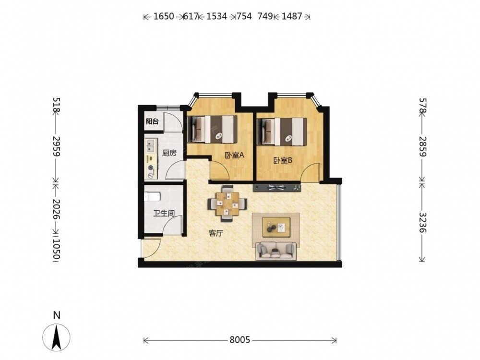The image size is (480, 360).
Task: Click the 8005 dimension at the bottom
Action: (240, 340)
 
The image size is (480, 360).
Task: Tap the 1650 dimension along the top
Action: (164, 16)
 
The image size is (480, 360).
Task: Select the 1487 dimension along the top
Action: (292, 16)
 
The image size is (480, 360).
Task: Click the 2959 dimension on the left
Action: (57, 146)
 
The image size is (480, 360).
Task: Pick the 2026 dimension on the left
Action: (57, 209)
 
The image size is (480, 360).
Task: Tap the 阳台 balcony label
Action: (152, 121)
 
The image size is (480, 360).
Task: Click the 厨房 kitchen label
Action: (169, 153)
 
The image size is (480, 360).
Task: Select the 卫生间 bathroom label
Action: (164, 214)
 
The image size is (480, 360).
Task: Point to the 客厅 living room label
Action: (216, 234)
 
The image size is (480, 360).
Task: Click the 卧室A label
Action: (235, 156)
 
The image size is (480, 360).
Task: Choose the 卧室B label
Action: (283, 160)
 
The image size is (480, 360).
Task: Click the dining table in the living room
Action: (228, 203)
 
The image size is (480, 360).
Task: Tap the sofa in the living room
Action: (276, 251)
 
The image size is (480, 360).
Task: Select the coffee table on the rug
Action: (276, 227)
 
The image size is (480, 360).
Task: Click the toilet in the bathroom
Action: (152, 196)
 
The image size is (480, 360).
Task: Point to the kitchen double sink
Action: (151, 146)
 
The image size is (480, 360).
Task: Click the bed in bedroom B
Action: (282, 132)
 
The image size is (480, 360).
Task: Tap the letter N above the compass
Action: (57, 315)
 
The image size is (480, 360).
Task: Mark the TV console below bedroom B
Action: (277, 187)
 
